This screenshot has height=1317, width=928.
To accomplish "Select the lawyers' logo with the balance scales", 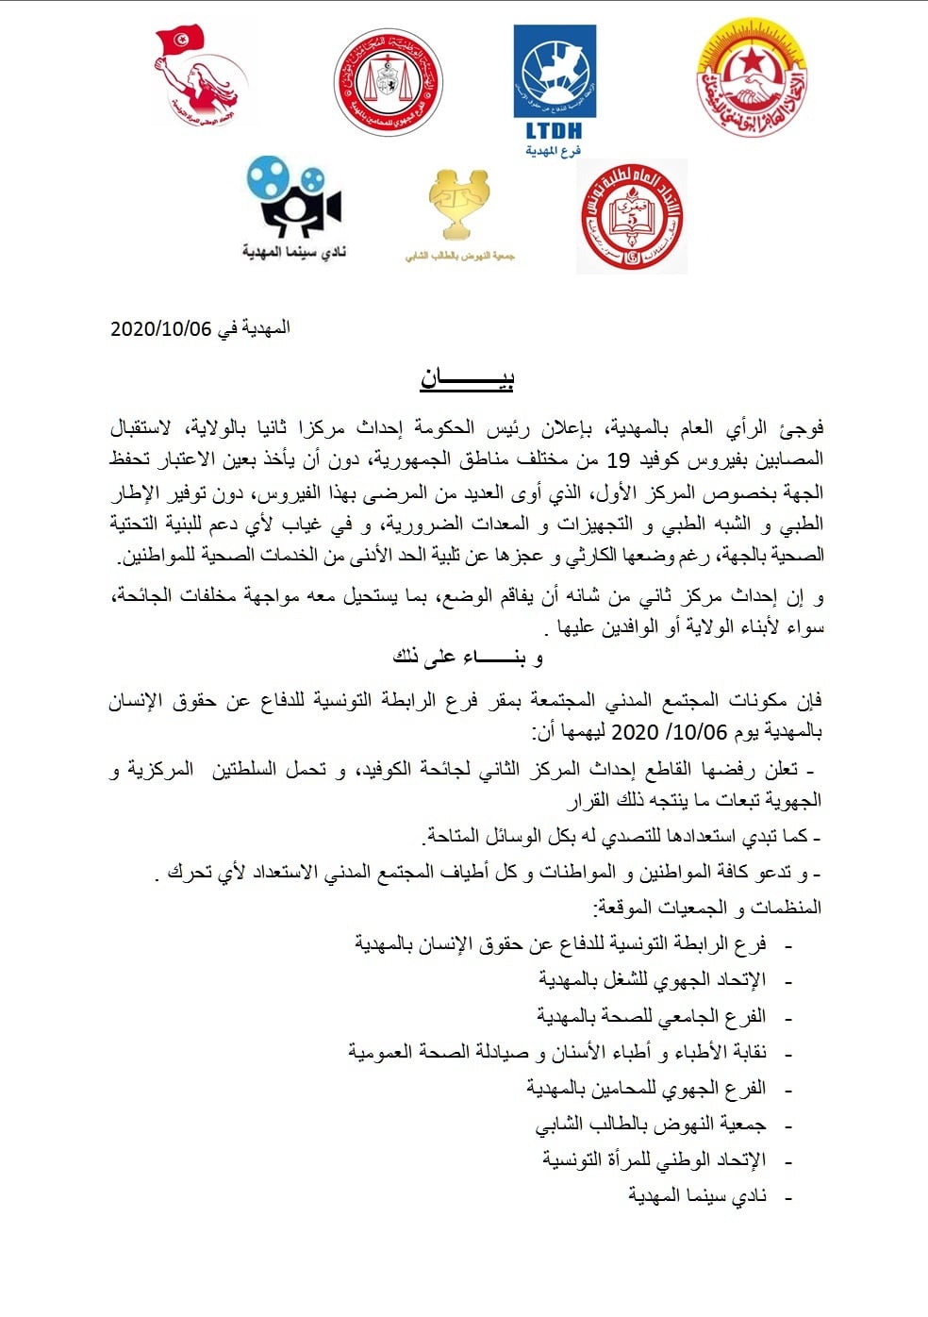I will (x=388, y=82).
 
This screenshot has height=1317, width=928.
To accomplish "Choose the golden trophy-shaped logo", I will (x=458, y=205).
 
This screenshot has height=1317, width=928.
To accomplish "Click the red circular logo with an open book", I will (x=631, y=216).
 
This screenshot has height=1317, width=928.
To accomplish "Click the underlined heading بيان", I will (x=467, y=379).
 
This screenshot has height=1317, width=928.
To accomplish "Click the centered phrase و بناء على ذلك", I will (x=468, y=658).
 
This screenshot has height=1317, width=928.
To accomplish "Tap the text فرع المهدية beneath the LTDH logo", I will (x=554, y=151).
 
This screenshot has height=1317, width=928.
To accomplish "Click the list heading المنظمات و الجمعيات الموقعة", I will (x=707, y=908).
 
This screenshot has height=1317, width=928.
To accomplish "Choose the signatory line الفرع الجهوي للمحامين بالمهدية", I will (x=646, y=1089).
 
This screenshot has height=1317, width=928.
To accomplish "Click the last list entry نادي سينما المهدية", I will (x=698, y=1196).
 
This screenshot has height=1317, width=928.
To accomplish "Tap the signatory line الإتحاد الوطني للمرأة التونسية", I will (x=655, y=1160).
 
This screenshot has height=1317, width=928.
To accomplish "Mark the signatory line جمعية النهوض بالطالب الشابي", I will (x=651, y=1125).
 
